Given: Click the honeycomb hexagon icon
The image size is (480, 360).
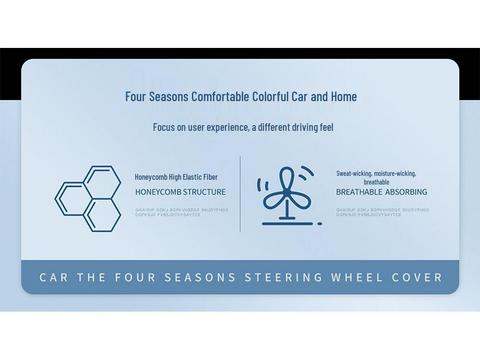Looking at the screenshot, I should coord(88,198).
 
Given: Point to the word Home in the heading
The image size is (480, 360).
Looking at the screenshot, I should coord(344,96).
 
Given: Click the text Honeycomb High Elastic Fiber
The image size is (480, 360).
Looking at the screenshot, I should coord(176,177).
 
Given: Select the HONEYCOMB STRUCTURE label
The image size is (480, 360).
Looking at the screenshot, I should coord(180,192).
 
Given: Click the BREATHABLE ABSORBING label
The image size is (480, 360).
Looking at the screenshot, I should coord(381,192).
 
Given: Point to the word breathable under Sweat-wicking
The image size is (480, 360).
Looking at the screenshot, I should coord(376,182).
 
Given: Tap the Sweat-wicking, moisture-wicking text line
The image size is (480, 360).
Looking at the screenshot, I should coord(376,174).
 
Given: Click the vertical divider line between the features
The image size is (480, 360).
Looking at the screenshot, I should coord(240,194).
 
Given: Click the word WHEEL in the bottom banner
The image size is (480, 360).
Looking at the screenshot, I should coord(357,278).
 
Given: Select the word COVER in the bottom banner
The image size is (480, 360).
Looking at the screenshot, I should coord(418,278).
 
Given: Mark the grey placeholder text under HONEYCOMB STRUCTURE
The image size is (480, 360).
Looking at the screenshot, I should coord(181,212).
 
